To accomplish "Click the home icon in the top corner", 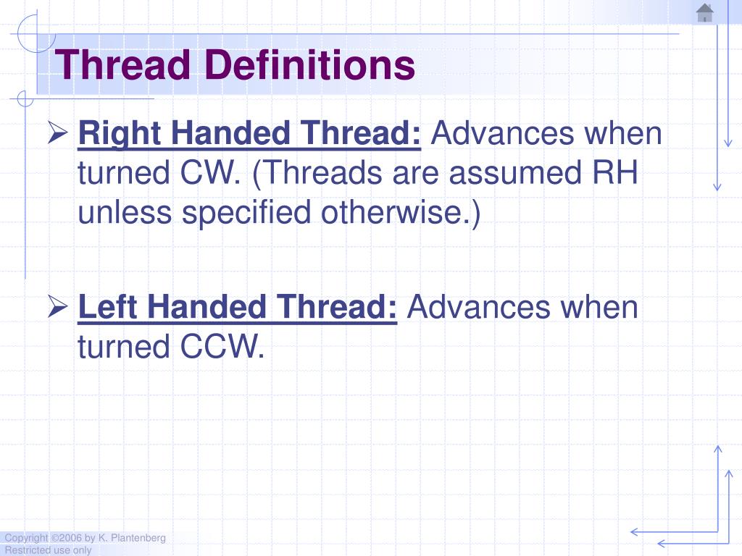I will pyautogui.click(x=704, y=13).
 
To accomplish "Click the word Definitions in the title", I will pyautogui.click(x=309, y=65).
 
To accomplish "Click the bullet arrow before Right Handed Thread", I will pyautogui.click(x=58, y=134).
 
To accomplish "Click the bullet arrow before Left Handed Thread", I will pyautogui.click(x=58, y=308).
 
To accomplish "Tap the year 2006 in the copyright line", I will pyautogui.click(x=67, y=538).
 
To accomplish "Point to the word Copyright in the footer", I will pyautogui.click(x=26, y=538).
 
